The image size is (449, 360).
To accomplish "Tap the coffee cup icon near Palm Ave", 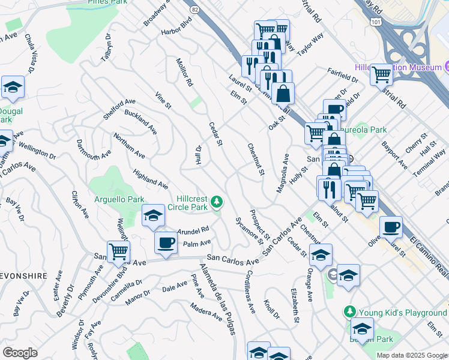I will [166, 243].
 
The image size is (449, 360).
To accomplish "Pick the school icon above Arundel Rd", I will [153, 215].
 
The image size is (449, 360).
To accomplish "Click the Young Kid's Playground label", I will [403, 313].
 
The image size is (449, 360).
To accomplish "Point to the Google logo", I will [20, 352].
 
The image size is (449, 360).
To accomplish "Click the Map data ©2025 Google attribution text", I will [412, 355].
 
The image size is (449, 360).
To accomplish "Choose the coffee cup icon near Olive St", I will [391, 227].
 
